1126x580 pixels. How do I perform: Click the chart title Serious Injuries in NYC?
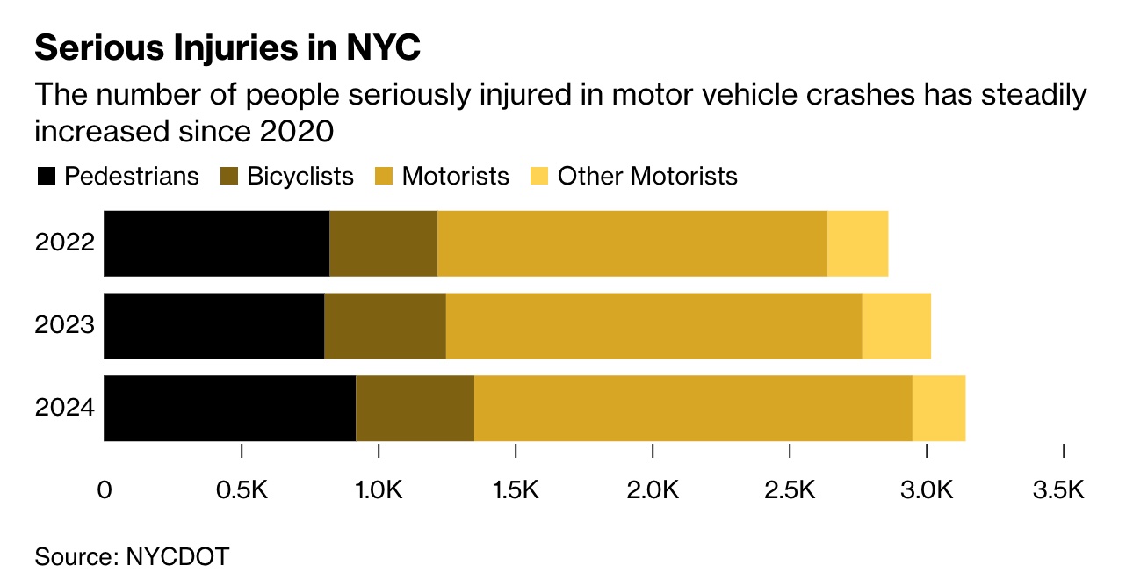[x=227, y=48]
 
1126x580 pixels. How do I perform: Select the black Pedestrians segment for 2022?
[x=216, y=243]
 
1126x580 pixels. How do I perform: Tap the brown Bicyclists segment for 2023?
[x=385, y=326]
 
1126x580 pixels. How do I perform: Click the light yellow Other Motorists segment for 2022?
[x=857, y=243]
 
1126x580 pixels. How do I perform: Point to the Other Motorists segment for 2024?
[x=938, y=408]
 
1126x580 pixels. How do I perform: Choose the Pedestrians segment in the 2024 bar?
[x=229, y=408]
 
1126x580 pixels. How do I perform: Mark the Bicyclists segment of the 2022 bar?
[x=383, y=243]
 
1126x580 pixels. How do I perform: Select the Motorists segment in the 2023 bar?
[x=653, y=326]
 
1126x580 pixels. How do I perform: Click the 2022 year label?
[x=64, y=243]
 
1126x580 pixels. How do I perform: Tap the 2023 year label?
[x=64, y=326]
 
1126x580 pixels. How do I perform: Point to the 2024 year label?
[x=64, y=408]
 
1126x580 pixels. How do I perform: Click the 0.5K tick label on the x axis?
[x=242, y=490]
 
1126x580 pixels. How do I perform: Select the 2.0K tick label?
[x=653, y=490]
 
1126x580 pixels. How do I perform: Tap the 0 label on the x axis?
[x=105, y=490]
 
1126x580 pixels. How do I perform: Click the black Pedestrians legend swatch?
[x=46, y=177]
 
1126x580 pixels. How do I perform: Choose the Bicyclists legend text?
[x=300, y=177]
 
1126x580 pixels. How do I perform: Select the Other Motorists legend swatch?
[x=539, y=177]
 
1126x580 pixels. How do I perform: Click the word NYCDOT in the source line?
[x=177, y=556]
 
